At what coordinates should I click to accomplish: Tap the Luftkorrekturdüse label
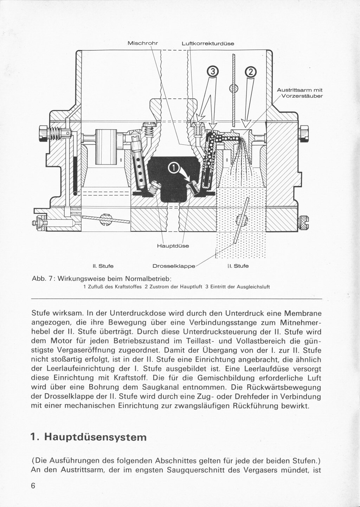[x=208, y=44]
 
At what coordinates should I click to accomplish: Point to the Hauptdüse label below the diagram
[x=173, y=246]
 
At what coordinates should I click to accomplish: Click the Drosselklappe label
[x=174, y=266]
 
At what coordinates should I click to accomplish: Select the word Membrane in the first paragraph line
[x=302, y=313]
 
